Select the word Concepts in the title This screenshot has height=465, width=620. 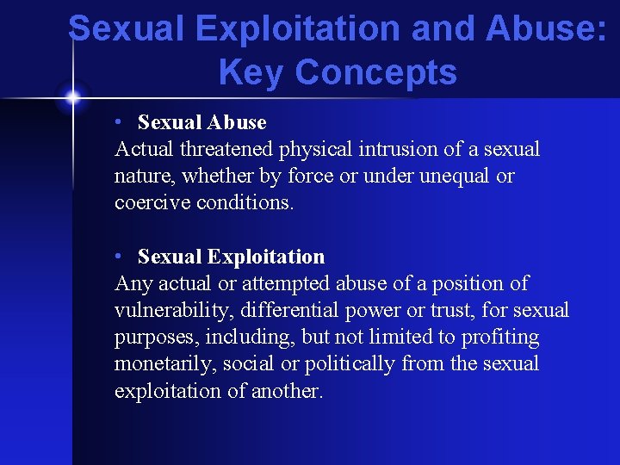click(375, 72)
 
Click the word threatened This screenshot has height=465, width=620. click(227, 149)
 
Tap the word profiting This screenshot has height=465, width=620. click(500, 337)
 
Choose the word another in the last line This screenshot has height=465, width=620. click(285, 390)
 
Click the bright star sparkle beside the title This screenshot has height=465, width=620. click(73, 97)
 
